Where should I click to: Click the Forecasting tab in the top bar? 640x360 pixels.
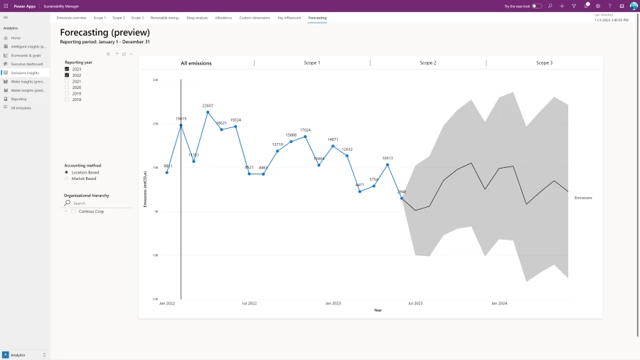point(317,17)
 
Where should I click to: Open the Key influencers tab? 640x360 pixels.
point(289,17)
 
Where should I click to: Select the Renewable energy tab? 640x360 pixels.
point(165,17)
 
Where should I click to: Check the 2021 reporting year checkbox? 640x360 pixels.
point(67,81)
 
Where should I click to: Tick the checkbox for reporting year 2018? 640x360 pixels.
point(67,100)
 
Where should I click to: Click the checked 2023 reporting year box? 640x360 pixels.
point(67,69)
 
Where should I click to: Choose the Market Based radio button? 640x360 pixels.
point(67,179)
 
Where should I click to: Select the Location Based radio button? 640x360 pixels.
point(67,172)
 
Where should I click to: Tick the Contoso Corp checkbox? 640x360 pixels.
point(73,211)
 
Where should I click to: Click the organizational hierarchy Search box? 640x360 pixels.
point(100,203)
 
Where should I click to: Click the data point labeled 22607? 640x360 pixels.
point(208,112)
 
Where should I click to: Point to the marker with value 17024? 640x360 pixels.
point(305,137)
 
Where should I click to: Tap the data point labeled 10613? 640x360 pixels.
point(388,165)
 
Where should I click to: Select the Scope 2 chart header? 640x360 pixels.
point(428,63)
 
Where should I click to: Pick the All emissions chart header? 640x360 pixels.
point(196,63)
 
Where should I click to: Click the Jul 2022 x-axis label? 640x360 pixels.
point(249,303)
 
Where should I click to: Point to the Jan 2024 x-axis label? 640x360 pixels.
point(499,303)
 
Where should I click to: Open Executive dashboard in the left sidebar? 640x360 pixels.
point(27,64)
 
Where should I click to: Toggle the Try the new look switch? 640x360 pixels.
point(537,6)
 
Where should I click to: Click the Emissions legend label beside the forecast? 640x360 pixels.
point(583,198)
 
